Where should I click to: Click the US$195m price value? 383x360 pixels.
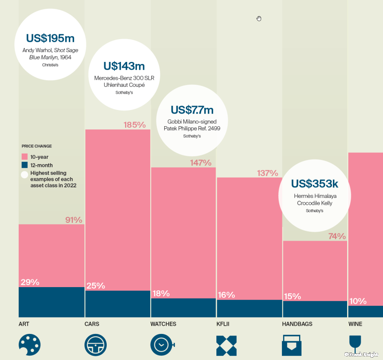click(x=51, y=38)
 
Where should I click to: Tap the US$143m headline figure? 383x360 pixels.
click(x=124, y=66)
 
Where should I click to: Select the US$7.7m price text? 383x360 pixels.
click(x=192, y=110)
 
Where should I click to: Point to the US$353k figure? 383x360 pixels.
click(x=315, y=184)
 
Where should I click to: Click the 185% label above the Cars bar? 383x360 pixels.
click(x=134, y=125)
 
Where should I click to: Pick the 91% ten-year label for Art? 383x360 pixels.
click(x=74, y=220)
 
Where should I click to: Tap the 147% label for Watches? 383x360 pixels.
click(x=200, y=163)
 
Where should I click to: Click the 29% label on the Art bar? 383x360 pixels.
click(x=30, y=282)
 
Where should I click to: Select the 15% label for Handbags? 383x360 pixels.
click(x=292, y=296)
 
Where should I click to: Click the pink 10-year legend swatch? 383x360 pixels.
click(x=24, y=157)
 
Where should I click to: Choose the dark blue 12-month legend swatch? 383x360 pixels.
click(x=24, y=165)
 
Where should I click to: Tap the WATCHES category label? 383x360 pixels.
click(x=163, y=324)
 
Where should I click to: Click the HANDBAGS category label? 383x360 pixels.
click(x=297, y=324)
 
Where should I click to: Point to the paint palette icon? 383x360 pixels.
click(x=30, y=345)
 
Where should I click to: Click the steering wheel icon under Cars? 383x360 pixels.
click(x=95, y=345)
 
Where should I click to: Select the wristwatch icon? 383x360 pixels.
click(x=162, y=345)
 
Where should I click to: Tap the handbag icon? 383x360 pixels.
click(x=292, y=345)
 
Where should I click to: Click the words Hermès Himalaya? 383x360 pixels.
click(x=315, y=196)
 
